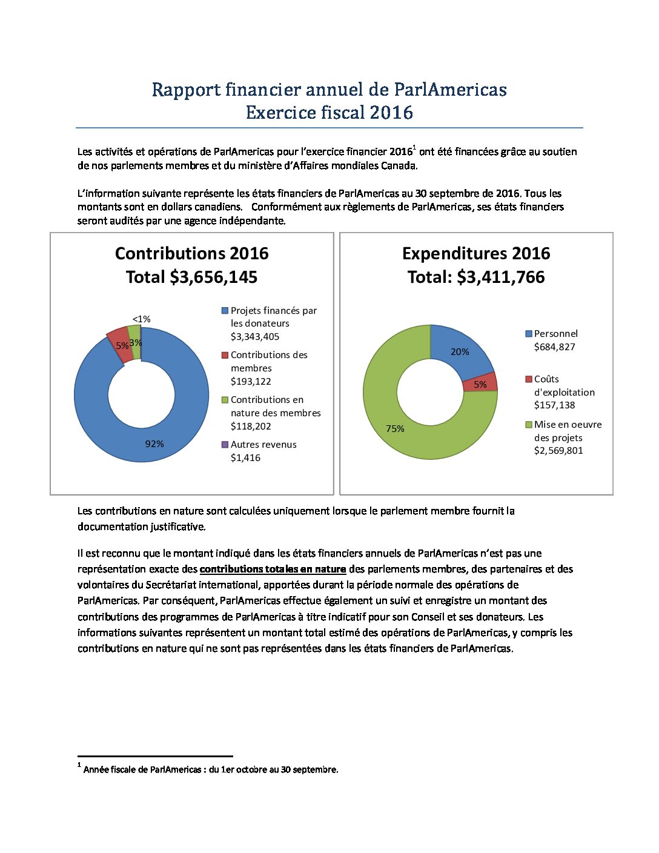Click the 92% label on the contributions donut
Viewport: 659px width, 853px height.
[x=154, y=444]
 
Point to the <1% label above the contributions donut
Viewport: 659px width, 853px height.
[x=141, y=319]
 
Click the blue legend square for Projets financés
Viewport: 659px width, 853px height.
[x=225, y=311]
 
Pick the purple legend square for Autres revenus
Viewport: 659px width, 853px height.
[x=225, y=444]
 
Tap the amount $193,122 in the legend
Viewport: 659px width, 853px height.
[x=251, y=381]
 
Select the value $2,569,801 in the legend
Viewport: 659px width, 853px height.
[x=558, y=450]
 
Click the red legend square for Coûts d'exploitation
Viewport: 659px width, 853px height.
[x=529, y=379]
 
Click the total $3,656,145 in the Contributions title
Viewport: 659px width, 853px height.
[x=214, y=277]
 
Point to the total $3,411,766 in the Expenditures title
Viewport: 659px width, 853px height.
[x=501, y=277]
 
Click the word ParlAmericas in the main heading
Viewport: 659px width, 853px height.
[x=450, y=90]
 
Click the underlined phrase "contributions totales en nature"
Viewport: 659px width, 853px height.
[x=273, y=569]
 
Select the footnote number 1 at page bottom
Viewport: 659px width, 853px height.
[x=79, y=765]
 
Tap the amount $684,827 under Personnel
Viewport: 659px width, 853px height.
[x=554, y=347]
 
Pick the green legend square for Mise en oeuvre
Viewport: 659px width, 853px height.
[x=529, y=425]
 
